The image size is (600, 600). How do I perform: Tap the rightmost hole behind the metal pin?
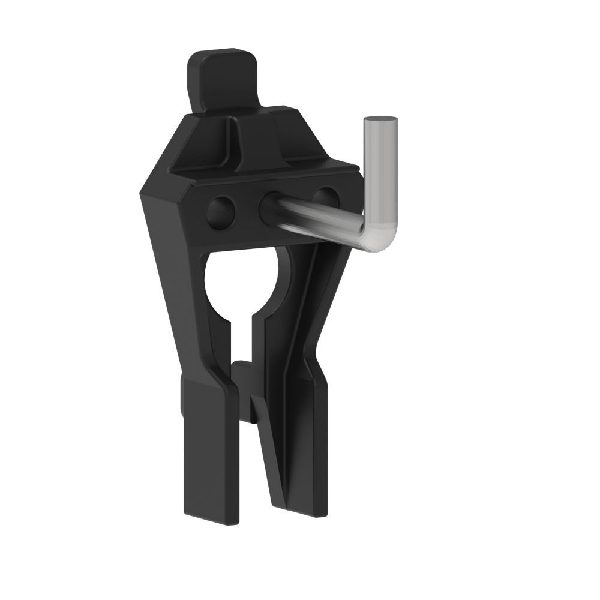[325, 198]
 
